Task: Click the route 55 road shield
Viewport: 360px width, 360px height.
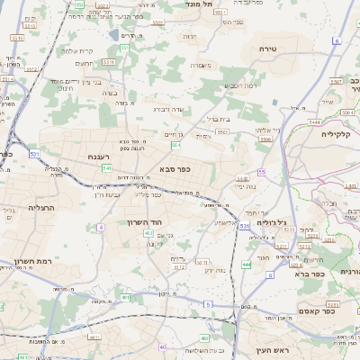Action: [261, 171]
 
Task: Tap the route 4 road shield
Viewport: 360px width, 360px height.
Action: [101, 228]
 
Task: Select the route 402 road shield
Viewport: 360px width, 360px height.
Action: [148, 233]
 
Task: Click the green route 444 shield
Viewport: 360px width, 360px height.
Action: [247, 265]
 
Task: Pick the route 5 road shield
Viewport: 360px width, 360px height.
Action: [207, 304]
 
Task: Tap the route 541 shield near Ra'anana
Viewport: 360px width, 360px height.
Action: [106, 167]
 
